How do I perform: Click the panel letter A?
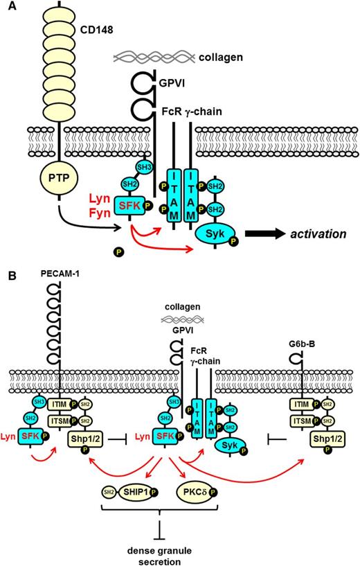(9, 8)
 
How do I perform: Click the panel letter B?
(9, 276)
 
